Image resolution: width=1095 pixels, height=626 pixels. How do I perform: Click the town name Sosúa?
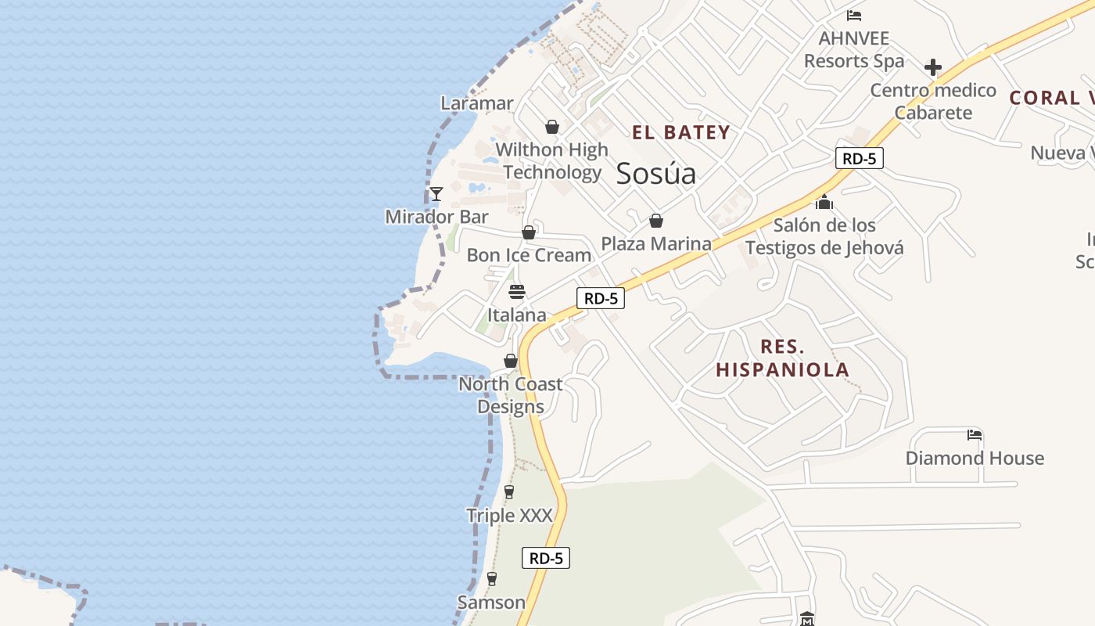(x=655, y=174)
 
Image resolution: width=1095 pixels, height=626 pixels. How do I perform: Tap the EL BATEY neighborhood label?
(x=680, y=132)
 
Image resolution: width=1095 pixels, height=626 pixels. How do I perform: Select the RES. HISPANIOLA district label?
(x=782, y=358)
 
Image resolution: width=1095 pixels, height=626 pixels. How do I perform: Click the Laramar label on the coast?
(x=477, y=103)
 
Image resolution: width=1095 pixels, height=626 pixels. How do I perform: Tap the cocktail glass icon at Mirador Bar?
(x=436, y=193)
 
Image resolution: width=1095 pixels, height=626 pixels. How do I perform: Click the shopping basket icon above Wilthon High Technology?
(x=552, y=127)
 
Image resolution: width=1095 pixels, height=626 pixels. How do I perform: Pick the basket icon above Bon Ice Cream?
(x=529, y=232)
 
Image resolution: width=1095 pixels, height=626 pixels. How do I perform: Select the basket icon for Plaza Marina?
(x=656, y=221)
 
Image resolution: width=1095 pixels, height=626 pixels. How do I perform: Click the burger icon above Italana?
(x=517, y=293)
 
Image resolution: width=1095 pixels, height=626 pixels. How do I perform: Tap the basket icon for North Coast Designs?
(x=511, y=361)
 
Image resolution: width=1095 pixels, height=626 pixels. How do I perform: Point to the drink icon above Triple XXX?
(x=509, y=492)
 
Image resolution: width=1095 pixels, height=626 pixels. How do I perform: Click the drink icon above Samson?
(x=491, y=579)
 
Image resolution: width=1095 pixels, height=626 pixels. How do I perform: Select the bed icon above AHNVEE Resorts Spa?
(x=854, y=16)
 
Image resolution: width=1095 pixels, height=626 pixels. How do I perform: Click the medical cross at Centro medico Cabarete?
(x=932, y=68)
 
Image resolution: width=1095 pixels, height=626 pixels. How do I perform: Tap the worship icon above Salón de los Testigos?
(x=824, y=203)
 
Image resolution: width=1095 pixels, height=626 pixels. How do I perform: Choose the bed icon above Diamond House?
(x=974, y=435)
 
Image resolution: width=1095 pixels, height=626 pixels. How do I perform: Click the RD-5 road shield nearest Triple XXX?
(x=546, y=558)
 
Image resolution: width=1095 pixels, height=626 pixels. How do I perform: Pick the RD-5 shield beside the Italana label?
(x=601, y=298)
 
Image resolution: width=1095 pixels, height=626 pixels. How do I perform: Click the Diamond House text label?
(x=975, y=459)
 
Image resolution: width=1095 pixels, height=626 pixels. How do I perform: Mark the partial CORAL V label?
(x=1051, y=98)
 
